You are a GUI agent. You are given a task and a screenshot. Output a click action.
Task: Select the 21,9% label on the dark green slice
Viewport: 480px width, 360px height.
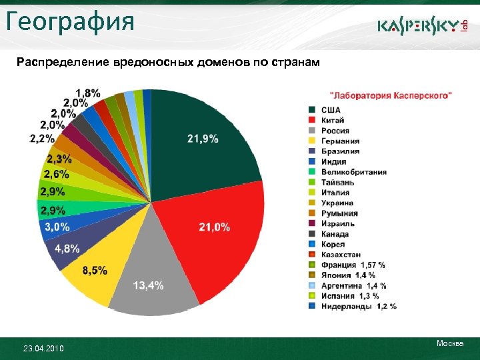pos(203,139)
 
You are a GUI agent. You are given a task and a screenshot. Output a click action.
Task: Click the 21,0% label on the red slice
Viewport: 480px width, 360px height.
pos(215,227)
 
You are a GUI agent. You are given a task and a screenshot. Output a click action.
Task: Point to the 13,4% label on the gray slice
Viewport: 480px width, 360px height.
pos(149,285)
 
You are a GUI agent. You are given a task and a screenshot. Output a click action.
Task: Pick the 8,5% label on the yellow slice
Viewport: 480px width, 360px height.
pos(95,270)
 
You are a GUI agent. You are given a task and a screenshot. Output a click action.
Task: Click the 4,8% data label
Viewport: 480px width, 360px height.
pos(67,249)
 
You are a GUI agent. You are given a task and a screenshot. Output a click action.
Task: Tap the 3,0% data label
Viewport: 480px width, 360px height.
pos(57,227)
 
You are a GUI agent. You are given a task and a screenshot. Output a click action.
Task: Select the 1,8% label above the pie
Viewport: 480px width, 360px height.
pos(88,92)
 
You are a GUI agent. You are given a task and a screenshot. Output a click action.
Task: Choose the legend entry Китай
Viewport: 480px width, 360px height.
pos(333,120)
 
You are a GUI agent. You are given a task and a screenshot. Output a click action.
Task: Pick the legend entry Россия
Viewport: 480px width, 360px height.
pos(335,131)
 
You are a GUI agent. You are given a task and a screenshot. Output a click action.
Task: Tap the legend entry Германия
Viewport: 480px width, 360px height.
pos(340,141)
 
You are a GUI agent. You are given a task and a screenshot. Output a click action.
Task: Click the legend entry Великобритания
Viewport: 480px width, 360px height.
pos(353,172)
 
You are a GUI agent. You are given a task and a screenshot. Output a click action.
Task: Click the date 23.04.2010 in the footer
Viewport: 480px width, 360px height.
pos(43,347)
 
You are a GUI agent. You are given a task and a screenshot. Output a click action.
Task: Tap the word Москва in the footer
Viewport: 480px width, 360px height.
pos(450,343)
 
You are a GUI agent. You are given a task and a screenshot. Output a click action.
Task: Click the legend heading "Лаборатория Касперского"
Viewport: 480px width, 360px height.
pos(391,96)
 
